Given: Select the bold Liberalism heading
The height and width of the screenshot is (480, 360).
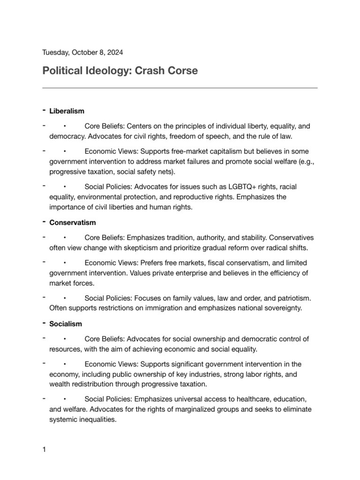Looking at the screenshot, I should point(67,111).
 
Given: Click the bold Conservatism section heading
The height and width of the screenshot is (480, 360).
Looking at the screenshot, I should point(73,223).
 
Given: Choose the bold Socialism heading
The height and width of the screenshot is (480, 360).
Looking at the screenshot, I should point(66,324).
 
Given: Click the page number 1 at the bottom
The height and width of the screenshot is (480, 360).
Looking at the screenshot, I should point(44,450).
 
